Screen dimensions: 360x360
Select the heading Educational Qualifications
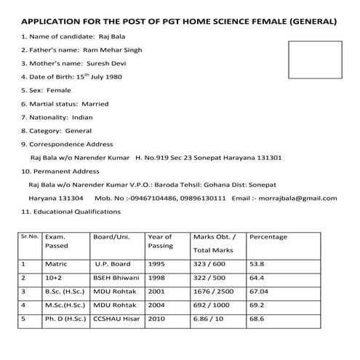pyautogui.click(x=79, y=212)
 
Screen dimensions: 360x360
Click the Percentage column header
pyautogui.click(x=268, y=237)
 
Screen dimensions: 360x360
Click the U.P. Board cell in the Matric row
pyautogui.click(x=113, y=264)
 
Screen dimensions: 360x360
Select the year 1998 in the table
pyautogui.click(x=156, y=278)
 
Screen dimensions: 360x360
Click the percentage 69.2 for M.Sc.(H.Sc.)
pyautogui.click(x=257, y=305)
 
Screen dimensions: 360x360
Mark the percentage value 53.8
pyautogui.click(x=257, y=264)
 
